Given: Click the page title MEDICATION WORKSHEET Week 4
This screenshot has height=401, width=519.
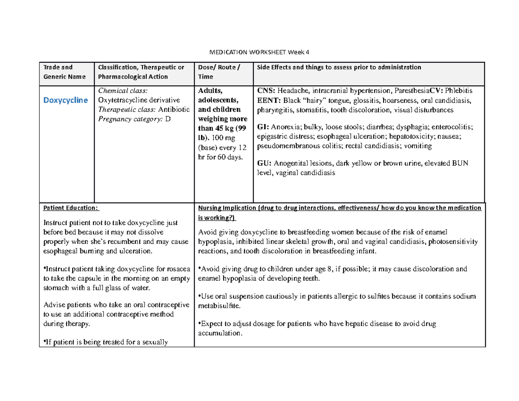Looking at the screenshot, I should pyautogui.click(x=259, y=52).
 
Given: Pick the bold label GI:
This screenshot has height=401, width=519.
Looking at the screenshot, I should pyautogui.click(x=263, y=128).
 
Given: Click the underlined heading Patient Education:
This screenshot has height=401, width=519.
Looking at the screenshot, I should pyautogui.click(x=70, y=208).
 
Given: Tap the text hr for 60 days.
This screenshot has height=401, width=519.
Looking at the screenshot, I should pyautogui.click(x=221, y=157).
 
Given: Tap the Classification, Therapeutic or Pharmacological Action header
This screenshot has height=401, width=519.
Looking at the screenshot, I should pyautogui.click(x=141, y=72).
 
